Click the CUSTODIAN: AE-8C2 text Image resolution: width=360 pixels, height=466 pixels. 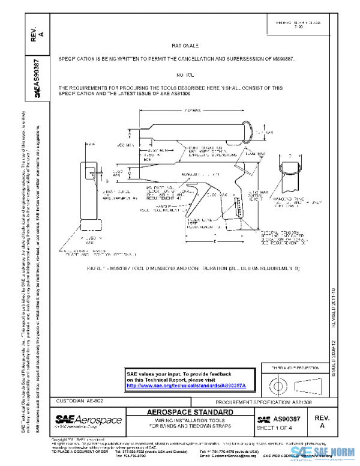coord(79,401)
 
